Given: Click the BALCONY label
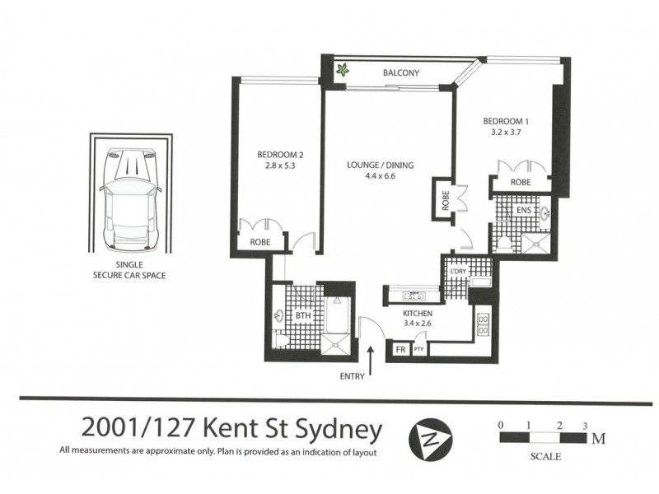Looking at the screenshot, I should (401, 73).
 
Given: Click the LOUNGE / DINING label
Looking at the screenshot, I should (380, 165).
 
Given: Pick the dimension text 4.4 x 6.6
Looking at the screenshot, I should (380, 176).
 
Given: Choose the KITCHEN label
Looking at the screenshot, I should (418, 314).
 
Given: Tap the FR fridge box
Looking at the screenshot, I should (401, 349).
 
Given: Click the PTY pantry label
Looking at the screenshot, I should (418, 349).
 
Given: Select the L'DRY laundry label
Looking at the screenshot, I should (458, 271).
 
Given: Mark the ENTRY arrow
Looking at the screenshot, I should (371, 358).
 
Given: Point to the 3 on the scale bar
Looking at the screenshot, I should (583, 426).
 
